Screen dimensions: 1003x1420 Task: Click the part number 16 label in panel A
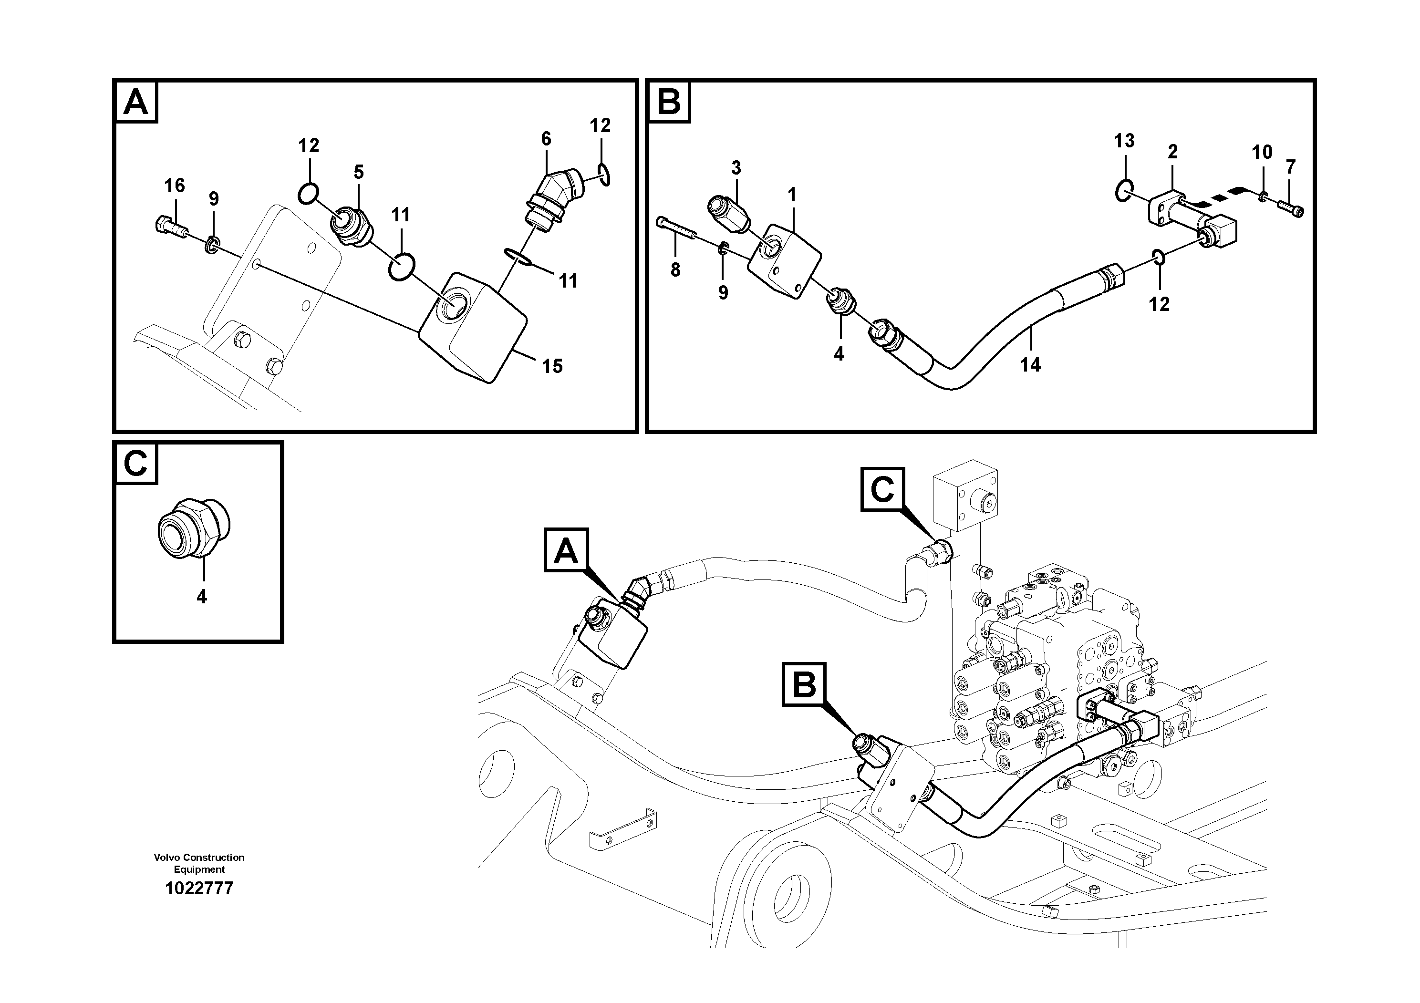[x=175, y=186]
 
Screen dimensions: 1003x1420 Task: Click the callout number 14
[x=1030, y=365]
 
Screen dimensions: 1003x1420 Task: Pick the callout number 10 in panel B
[x=1262, y=152]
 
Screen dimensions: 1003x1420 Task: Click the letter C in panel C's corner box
[x=135, y=463]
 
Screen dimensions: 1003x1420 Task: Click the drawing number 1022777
[x=199, y=889]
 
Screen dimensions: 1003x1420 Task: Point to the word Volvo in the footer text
[x=167, y=857]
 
